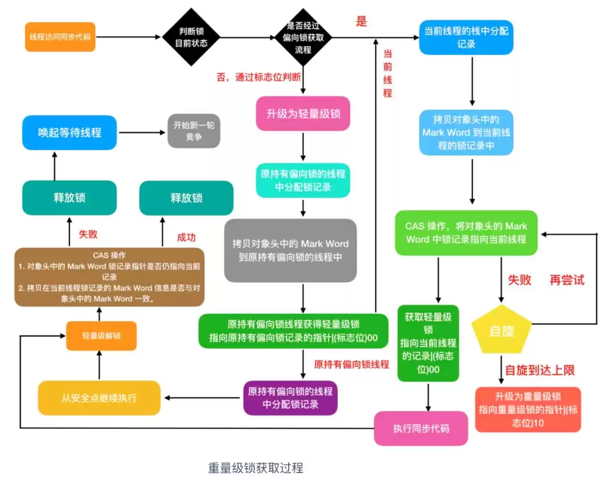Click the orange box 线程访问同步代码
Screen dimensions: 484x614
pos(60,37)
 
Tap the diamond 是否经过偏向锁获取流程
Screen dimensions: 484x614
pos(303,37)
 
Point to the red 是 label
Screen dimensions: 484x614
pos(362,22)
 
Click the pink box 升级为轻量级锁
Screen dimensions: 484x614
pos(304,113)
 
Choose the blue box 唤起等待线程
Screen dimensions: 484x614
pos(69,133)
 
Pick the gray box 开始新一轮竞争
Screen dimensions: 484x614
pos(194,131)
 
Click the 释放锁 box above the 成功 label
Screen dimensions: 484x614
pos(186,198)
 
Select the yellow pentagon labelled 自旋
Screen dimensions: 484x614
pos(501,330)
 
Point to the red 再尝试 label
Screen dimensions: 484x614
pos(567,280)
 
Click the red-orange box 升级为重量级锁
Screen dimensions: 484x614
pos(528,409)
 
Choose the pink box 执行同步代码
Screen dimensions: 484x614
pos(421,428)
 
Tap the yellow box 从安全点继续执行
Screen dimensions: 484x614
pos(99,398)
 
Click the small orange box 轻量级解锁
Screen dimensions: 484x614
pos(101,336)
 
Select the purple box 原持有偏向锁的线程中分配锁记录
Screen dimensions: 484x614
pos(290,398)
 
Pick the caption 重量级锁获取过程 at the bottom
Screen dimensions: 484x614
pos(255,468)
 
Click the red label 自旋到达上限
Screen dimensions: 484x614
pos(540,370)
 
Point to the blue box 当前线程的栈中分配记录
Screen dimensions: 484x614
pos(466,37)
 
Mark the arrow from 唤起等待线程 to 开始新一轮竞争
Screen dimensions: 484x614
pos(142,133)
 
